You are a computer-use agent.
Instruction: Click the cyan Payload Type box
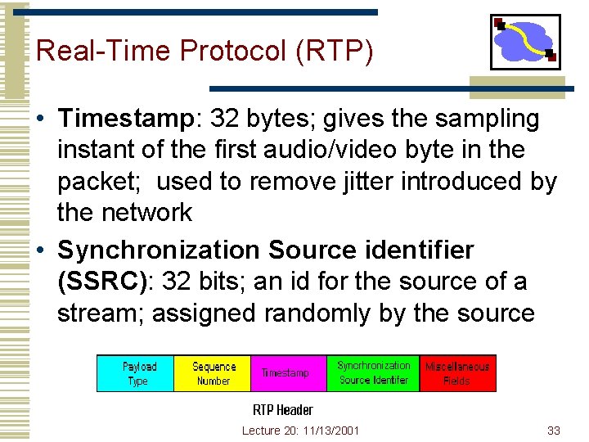point(135,373)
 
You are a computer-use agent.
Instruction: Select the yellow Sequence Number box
point(213,373)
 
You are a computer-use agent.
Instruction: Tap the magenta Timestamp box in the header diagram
point(289,373)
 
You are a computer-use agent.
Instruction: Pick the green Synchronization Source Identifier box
point(373,373)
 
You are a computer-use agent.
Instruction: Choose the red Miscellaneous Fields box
point(457,373)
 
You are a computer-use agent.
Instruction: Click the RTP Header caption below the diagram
point(282,409)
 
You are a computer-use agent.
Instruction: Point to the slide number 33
point(553,431)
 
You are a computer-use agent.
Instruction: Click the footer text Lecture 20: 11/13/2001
point(300,431)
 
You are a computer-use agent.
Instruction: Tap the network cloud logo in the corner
point(524,42)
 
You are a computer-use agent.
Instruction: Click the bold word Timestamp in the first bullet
point(124,120)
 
